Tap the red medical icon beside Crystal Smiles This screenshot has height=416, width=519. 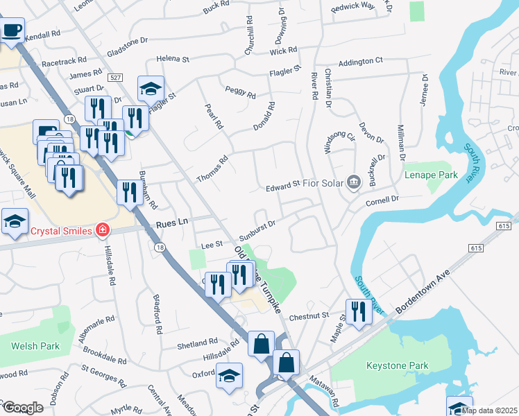click(103, 228)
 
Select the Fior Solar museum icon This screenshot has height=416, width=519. click(354, 183)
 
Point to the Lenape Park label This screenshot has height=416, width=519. click(430, 175)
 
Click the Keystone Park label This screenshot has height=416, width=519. click(398, 365)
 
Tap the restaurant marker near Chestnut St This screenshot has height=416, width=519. click(359, 311)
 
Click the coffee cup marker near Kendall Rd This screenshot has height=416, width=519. click(12, 31)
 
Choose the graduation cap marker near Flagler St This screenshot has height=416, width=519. click(151, 88)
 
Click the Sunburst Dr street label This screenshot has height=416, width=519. click(258, 227)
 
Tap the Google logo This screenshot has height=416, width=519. click(22, 408)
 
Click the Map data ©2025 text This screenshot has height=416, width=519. click(490, 410)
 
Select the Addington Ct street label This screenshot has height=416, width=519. click(360, 61)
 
